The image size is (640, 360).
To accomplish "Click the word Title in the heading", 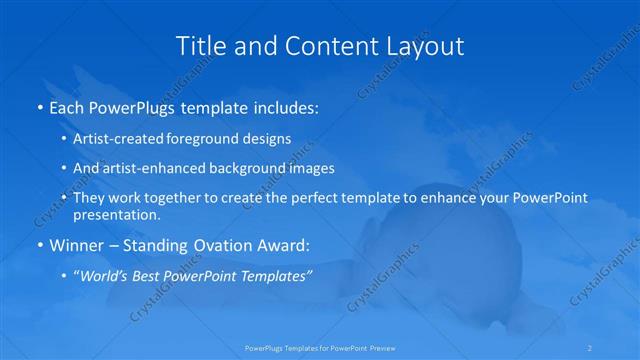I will (200, 46).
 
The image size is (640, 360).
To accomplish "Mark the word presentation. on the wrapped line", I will (116, 214).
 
